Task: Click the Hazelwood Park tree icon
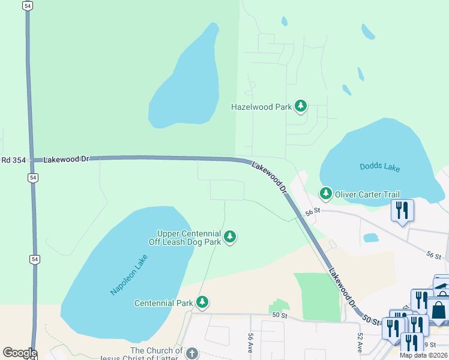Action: [301, 107]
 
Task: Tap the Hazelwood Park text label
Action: [261, 107]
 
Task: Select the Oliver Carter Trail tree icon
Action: [325, 193]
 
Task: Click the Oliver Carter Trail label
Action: [367, 194]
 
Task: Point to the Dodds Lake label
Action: [379, 167]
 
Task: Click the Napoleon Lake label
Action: [128, 274]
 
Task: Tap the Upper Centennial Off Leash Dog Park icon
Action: [229, 238]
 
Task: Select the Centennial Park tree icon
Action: [203, 302]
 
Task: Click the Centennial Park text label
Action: [164, 303]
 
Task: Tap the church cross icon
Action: [192, 354]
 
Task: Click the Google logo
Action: [20, 353]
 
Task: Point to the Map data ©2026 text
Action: [423, 355]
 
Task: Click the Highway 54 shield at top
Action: [28, 5]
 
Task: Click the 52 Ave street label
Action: [360, 343]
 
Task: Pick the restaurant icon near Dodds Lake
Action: [402, 211]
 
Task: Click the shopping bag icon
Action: [439, 310]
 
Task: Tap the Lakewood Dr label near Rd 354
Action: [66, 159]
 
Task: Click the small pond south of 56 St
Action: [371, 238]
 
